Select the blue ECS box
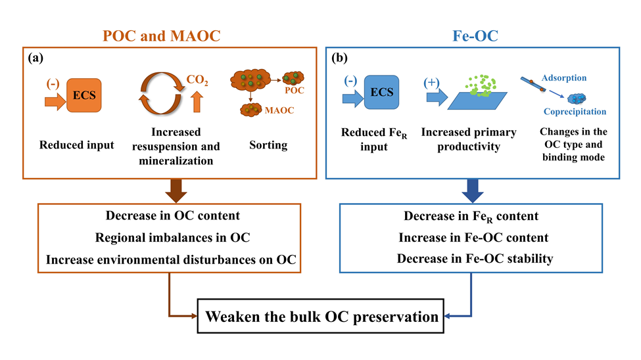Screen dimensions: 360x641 [x=382, y=92]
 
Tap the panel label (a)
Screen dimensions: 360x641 [x=36, y=58]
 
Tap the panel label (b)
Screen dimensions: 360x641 [x=341, y=58]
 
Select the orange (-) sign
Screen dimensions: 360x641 [x=54, y=84]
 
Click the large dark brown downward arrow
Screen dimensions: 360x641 [x=170, y=190]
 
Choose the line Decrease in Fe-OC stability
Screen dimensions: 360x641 [x=475, y=258]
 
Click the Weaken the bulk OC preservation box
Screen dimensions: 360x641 [x=321, y=317]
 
